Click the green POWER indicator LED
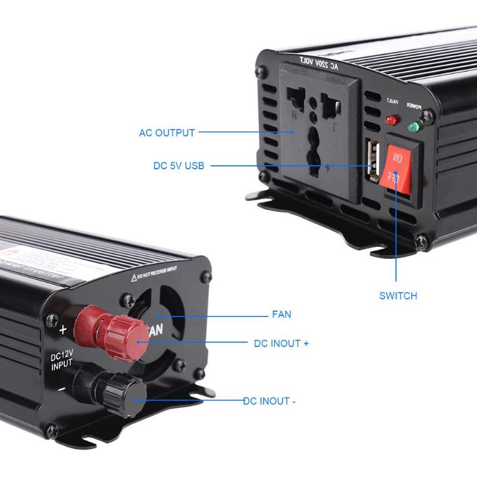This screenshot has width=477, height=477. (413, 126)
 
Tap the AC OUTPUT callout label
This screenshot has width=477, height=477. (167, 132)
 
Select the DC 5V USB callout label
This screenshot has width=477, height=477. (178, 166)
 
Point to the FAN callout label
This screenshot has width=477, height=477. (281, 314)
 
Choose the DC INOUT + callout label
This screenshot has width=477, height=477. (281, 343)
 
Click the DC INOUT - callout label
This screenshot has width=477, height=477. (270, 401)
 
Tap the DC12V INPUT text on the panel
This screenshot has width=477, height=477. (62, 360)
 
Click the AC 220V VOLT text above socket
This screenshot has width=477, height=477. (318, 64)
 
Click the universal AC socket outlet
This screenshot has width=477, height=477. (314, 131)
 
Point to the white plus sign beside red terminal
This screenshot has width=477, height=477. (63, 329)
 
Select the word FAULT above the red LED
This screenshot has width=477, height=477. (392, 101)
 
